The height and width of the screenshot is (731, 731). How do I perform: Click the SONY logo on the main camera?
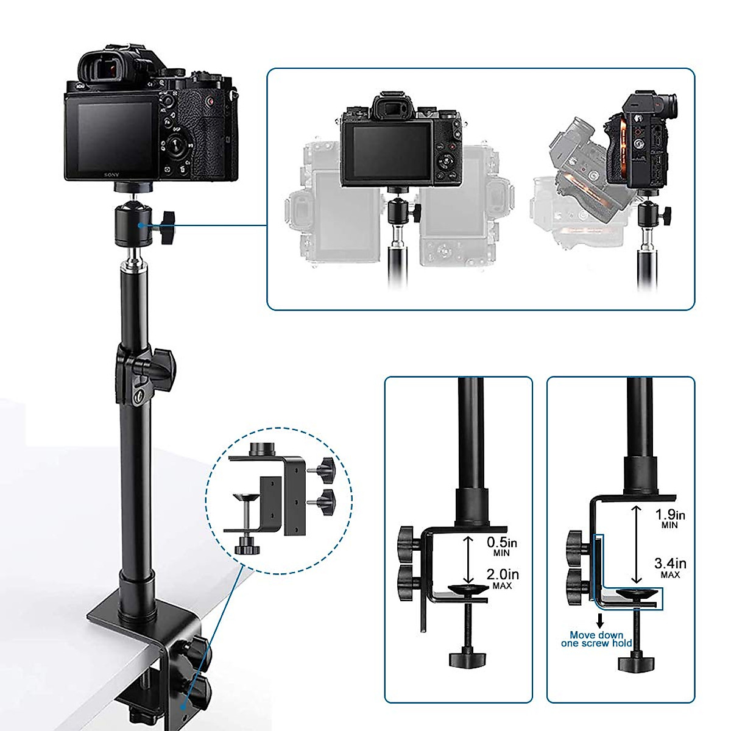[111, 175]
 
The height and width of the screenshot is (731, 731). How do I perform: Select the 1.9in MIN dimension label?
[669, 518]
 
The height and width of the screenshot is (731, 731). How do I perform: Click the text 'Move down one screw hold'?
[596, 639]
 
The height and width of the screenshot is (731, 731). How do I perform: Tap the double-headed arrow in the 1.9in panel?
[635, 543]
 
